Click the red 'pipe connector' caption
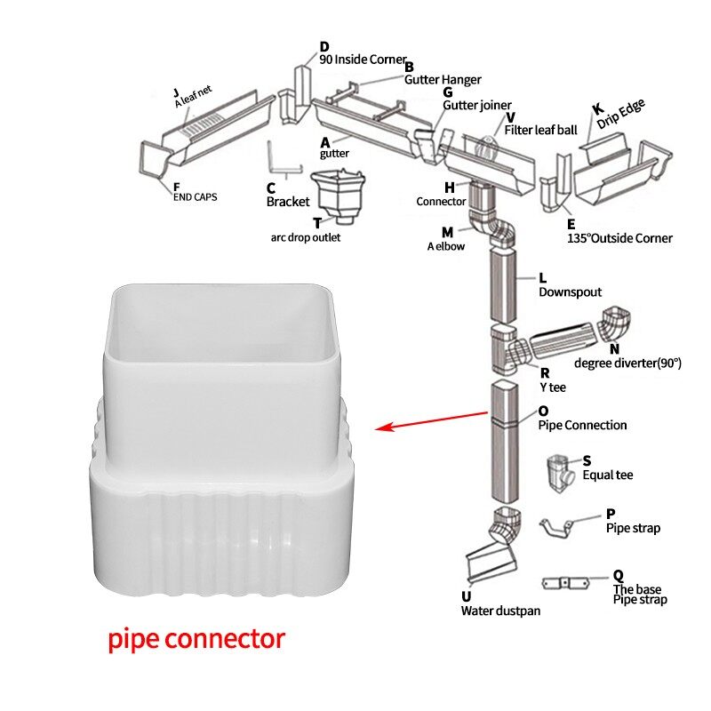[x=196, y=638]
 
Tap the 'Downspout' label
[x=570, y=292]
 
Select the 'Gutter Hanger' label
[x=443, y=79]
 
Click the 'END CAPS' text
[x=195, y=196]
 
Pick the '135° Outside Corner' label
[x=619, y=238]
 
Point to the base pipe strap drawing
[x=566, y=583]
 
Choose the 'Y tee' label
[x=552, y=387]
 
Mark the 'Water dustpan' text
[x=499, y=610]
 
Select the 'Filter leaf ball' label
[x=540, y=130]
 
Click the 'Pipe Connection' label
[x=582, y=425]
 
